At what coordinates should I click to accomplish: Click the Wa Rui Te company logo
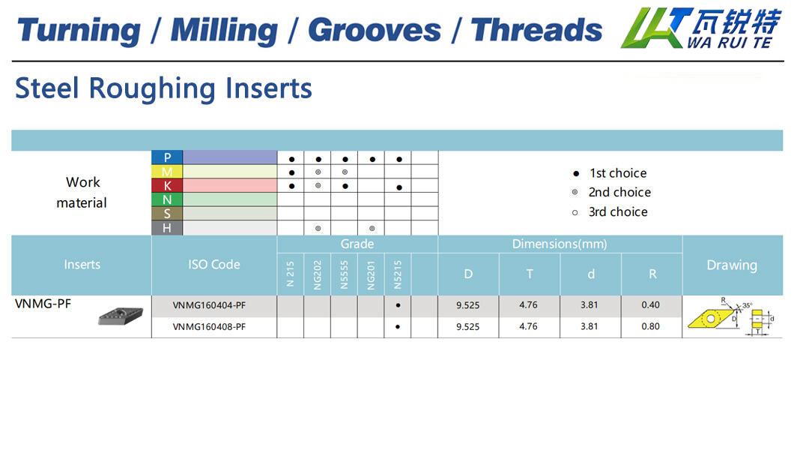pos(701,28)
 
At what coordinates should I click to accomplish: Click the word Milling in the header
pos(224,31)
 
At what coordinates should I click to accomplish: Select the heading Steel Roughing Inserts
pos(163,88)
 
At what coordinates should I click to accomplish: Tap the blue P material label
pos(167,157)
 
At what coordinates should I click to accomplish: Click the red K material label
pos(167,185)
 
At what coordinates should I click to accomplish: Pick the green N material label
pos(167,199)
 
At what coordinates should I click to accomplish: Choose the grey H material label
pos(167,228)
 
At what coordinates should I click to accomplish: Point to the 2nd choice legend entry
pos(612,192)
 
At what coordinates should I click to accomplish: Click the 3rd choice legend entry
pos(610,211)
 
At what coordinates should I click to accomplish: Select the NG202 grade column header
pos(318,274)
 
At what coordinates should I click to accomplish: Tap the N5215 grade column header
pos(398,274)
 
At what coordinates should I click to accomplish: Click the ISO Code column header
pos(214,265)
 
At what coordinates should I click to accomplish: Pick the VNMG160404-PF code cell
pos(209,305)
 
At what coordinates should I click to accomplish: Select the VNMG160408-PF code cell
pos(209,327)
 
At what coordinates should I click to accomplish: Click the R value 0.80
pos(651,326)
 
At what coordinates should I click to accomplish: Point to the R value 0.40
pos(651,304)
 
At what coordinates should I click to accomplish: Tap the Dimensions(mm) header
pos(560,244)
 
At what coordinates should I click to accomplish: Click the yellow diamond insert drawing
pos(710,318)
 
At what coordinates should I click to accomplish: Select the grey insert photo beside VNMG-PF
pos(121,315)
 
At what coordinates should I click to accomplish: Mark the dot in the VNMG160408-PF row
pos(398,327)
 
